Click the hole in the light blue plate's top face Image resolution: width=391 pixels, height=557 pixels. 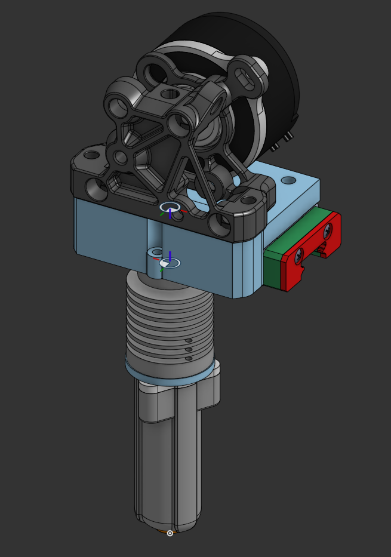(288, 179)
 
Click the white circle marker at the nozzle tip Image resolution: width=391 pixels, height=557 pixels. (170, 533)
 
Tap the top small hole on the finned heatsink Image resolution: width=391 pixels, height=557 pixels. (189, 340)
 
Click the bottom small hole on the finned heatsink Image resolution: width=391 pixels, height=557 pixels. (189, 358)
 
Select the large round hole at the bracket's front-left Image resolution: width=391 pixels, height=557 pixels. (96, 190)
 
